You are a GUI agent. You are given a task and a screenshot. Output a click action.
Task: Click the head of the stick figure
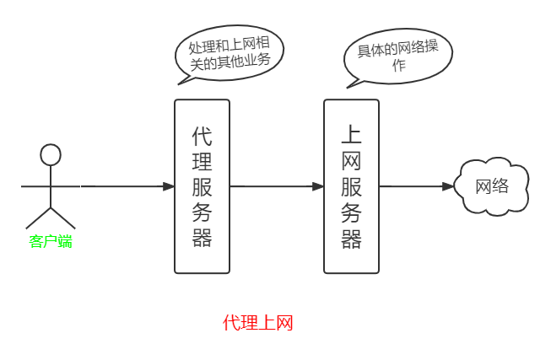pyautogui.click(x=51, y=154)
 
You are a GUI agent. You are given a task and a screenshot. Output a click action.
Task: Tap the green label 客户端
pyautogui.click(x=51, y=242)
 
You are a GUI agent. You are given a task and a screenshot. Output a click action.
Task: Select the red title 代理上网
pyautogui.click(x=258, y=323)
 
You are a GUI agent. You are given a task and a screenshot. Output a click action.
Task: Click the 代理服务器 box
pyautogui.click(x=202, y=186)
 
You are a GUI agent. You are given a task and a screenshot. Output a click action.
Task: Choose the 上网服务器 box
pyautogui.click(x=351, y=186)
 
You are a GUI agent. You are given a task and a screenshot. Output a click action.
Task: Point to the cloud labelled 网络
pyautogui.click(x=492, y=186)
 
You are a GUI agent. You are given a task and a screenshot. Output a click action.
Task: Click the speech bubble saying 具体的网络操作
pyautogui.click(x=397, y=56)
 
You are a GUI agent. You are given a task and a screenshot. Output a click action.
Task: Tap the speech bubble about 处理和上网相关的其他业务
pyautogui.click(x=230, y=53)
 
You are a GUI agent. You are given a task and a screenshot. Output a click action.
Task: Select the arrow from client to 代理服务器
pyautogui.click(x=127, y=186)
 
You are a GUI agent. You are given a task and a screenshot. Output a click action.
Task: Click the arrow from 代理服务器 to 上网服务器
pyautogui.click(x=277, y=186)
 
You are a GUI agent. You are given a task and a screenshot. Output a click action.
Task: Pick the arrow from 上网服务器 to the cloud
pyautogui.click(x=417, y=186)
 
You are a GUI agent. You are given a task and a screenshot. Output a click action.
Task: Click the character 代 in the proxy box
pyautogui.click(x=202, y=135)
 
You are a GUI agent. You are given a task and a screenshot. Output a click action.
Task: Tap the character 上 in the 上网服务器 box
pyautogui.click(x=351, y=135)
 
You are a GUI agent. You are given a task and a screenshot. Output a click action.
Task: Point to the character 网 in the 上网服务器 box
pyautogui.click(x=351, y=160)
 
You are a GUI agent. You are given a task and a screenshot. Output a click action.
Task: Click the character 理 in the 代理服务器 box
pyautogui.click(x=202, y=160)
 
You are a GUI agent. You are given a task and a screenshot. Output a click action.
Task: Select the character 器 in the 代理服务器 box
pyautogui.click(x=202, y=238)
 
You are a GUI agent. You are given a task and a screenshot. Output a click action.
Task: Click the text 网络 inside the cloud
pyautogui.click(x=492, y=186)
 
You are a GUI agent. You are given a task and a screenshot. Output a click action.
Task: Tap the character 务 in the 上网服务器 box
pyautogui.click(x=351, y=212)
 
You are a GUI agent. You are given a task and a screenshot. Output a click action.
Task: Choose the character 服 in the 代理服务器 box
pyautogui.click(x=202, y=186)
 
